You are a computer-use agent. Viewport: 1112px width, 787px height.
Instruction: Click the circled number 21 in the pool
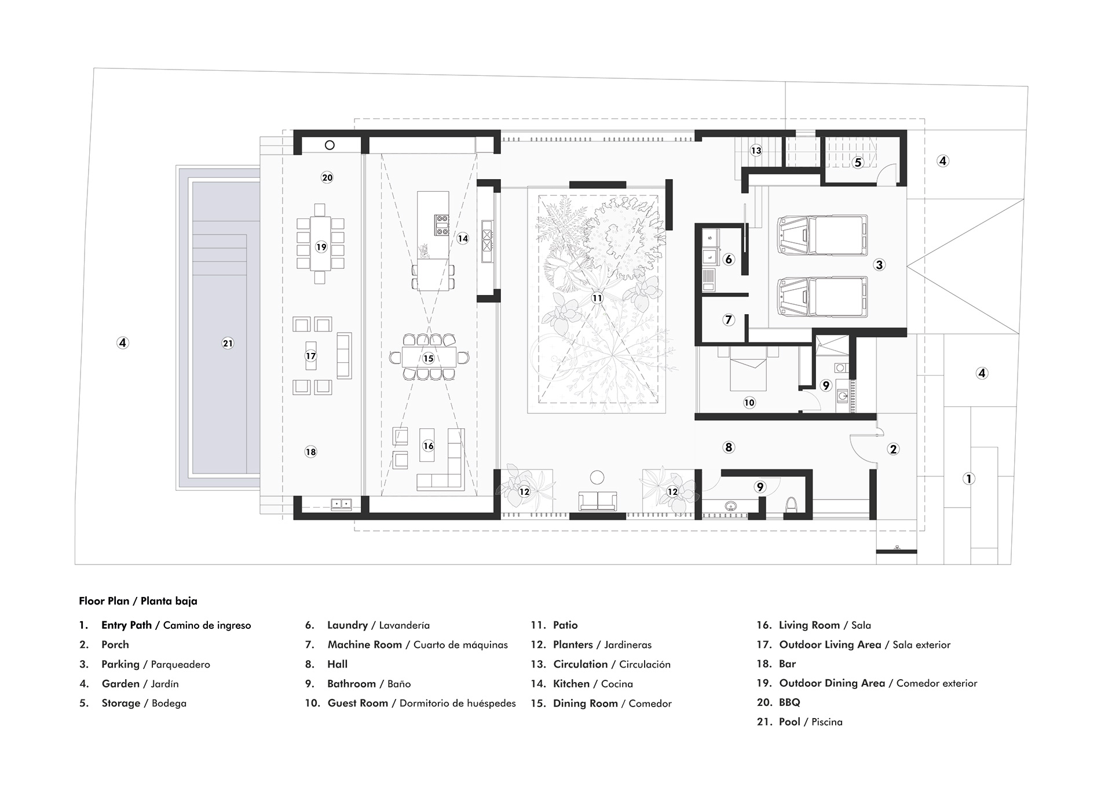[228, 343]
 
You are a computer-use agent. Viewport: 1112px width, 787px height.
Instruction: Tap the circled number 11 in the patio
[597, 298]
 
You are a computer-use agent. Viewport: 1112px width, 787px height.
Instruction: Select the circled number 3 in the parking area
[879, 265]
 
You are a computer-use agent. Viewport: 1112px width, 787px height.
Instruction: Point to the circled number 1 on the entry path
[968, 479]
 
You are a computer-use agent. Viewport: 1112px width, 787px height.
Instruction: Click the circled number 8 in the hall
[729, 447]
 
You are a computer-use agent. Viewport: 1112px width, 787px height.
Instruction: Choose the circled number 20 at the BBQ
[327, 178]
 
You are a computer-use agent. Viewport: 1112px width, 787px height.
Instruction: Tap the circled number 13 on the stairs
[756, 151]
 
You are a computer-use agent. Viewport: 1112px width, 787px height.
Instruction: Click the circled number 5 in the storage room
[858, 163]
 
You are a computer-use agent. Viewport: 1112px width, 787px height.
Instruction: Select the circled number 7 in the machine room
[729, 319]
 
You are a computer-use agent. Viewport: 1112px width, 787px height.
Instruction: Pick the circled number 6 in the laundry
[729, 259]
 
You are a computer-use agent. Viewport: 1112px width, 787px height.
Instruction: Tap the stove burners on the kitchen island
[442, 225]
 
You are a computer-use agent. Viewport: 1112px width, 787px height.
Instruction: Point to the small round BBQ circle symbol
[330, 145]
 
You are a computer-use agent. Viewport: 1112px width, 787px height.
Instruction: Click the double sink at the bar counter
[341, 504]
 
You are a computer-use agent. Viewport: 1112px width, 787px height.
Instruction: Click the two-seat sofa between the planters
[597, 501]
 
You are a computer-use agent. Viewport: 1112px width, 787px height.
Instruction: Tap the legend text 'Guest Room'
[357, 703]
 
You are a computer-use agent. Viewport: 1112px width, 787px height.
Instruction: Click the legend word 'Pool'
[789, 722]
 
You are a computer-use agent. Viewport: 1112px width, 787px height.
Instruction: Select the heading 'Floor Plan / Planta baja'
[138, 601]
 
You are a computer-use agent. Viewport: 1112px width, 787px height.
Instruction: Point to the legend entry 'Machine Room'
[364, 644]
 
